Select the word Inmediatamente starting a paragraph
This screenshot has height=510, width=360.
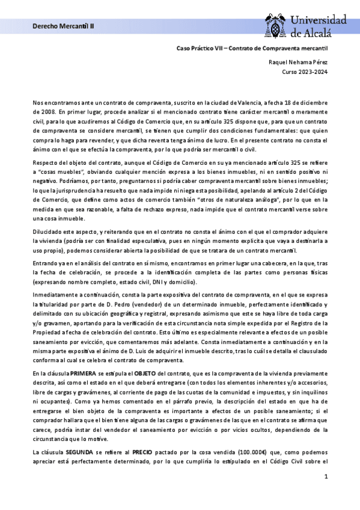pyautogui.click(x=56, y=296)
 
